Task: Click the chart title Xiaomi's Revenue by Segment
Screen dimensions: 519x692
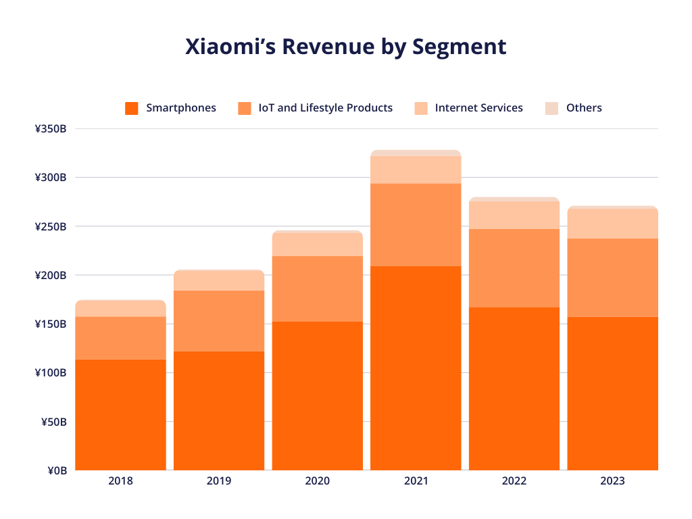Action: click(345, 47)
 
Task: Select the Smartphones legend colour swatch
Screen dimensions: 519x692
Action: click(132, 108)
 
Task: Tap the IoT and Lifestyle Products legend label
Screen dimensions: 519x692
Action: click(325, 108)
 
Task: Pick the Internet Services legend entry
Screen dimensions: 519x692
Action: click(478, 108)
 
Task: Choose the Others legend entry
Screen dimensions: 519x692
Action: click(584, 108)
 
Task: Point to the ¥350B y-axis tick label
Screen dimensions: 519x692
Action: click(51, 129)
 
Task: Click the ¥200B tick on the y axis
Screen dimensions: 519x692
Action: click(51, 275)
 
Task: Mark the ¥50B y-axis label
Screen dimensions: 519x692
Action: click(53, 422)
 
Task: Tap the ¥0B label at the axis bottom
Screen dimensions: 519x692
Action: click(56, 470)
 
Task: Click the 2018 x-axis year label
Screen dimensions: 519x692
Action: click(120, 482)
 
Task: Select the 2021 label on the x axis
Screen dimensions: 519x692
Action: click(416, 482)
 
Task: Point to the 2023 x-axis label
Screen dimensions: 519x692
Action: click(612, 482)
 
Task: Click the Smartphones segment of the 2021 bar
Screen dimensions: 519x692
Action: click(416, 368)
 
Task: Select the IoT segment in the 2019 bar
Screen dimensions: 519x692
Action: click(219, 321)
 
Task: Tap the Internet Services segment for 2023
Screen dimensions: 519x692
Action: click(612, 224)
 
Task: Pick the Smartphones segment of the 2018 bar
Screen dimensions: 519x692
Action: click(120, 415)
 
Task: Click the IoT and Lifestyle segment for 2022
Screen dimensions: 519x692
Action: click(514, 268)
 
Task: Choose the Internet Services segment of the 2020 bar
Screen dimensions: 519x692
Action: click(318, 245)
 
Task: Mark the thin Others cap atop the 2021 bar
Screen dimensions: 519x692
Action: click(416, 153)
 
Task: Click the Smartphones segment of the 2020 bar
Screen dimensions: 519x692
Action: click(318, 396)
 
